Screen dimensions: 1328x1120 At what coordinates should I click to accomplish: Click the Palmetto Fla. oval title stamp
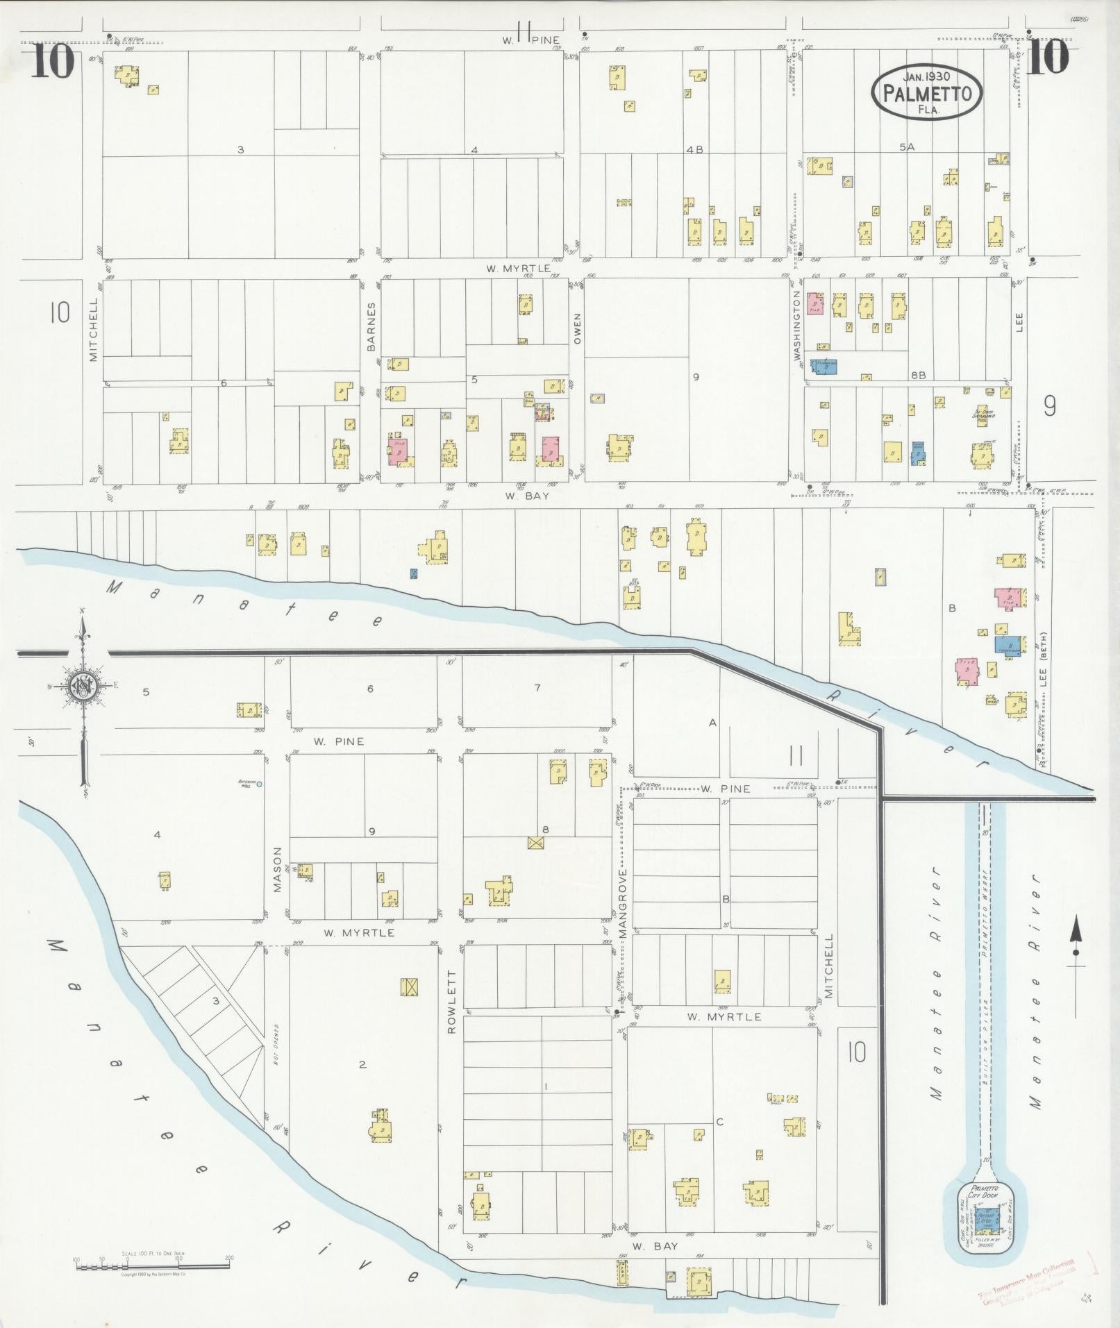927,91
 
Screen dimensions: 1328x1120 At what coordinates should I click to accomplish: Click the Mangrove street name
623,904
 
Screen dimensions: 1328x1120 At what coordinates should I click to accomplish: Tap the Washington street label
796,324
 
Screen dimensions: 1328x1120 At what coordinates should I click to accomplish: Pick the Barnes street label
371,326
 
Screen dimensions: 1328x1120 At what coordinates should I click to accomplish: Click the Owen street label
578,328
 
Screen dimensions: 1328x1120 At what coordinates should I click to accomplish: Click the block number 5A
907,146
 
